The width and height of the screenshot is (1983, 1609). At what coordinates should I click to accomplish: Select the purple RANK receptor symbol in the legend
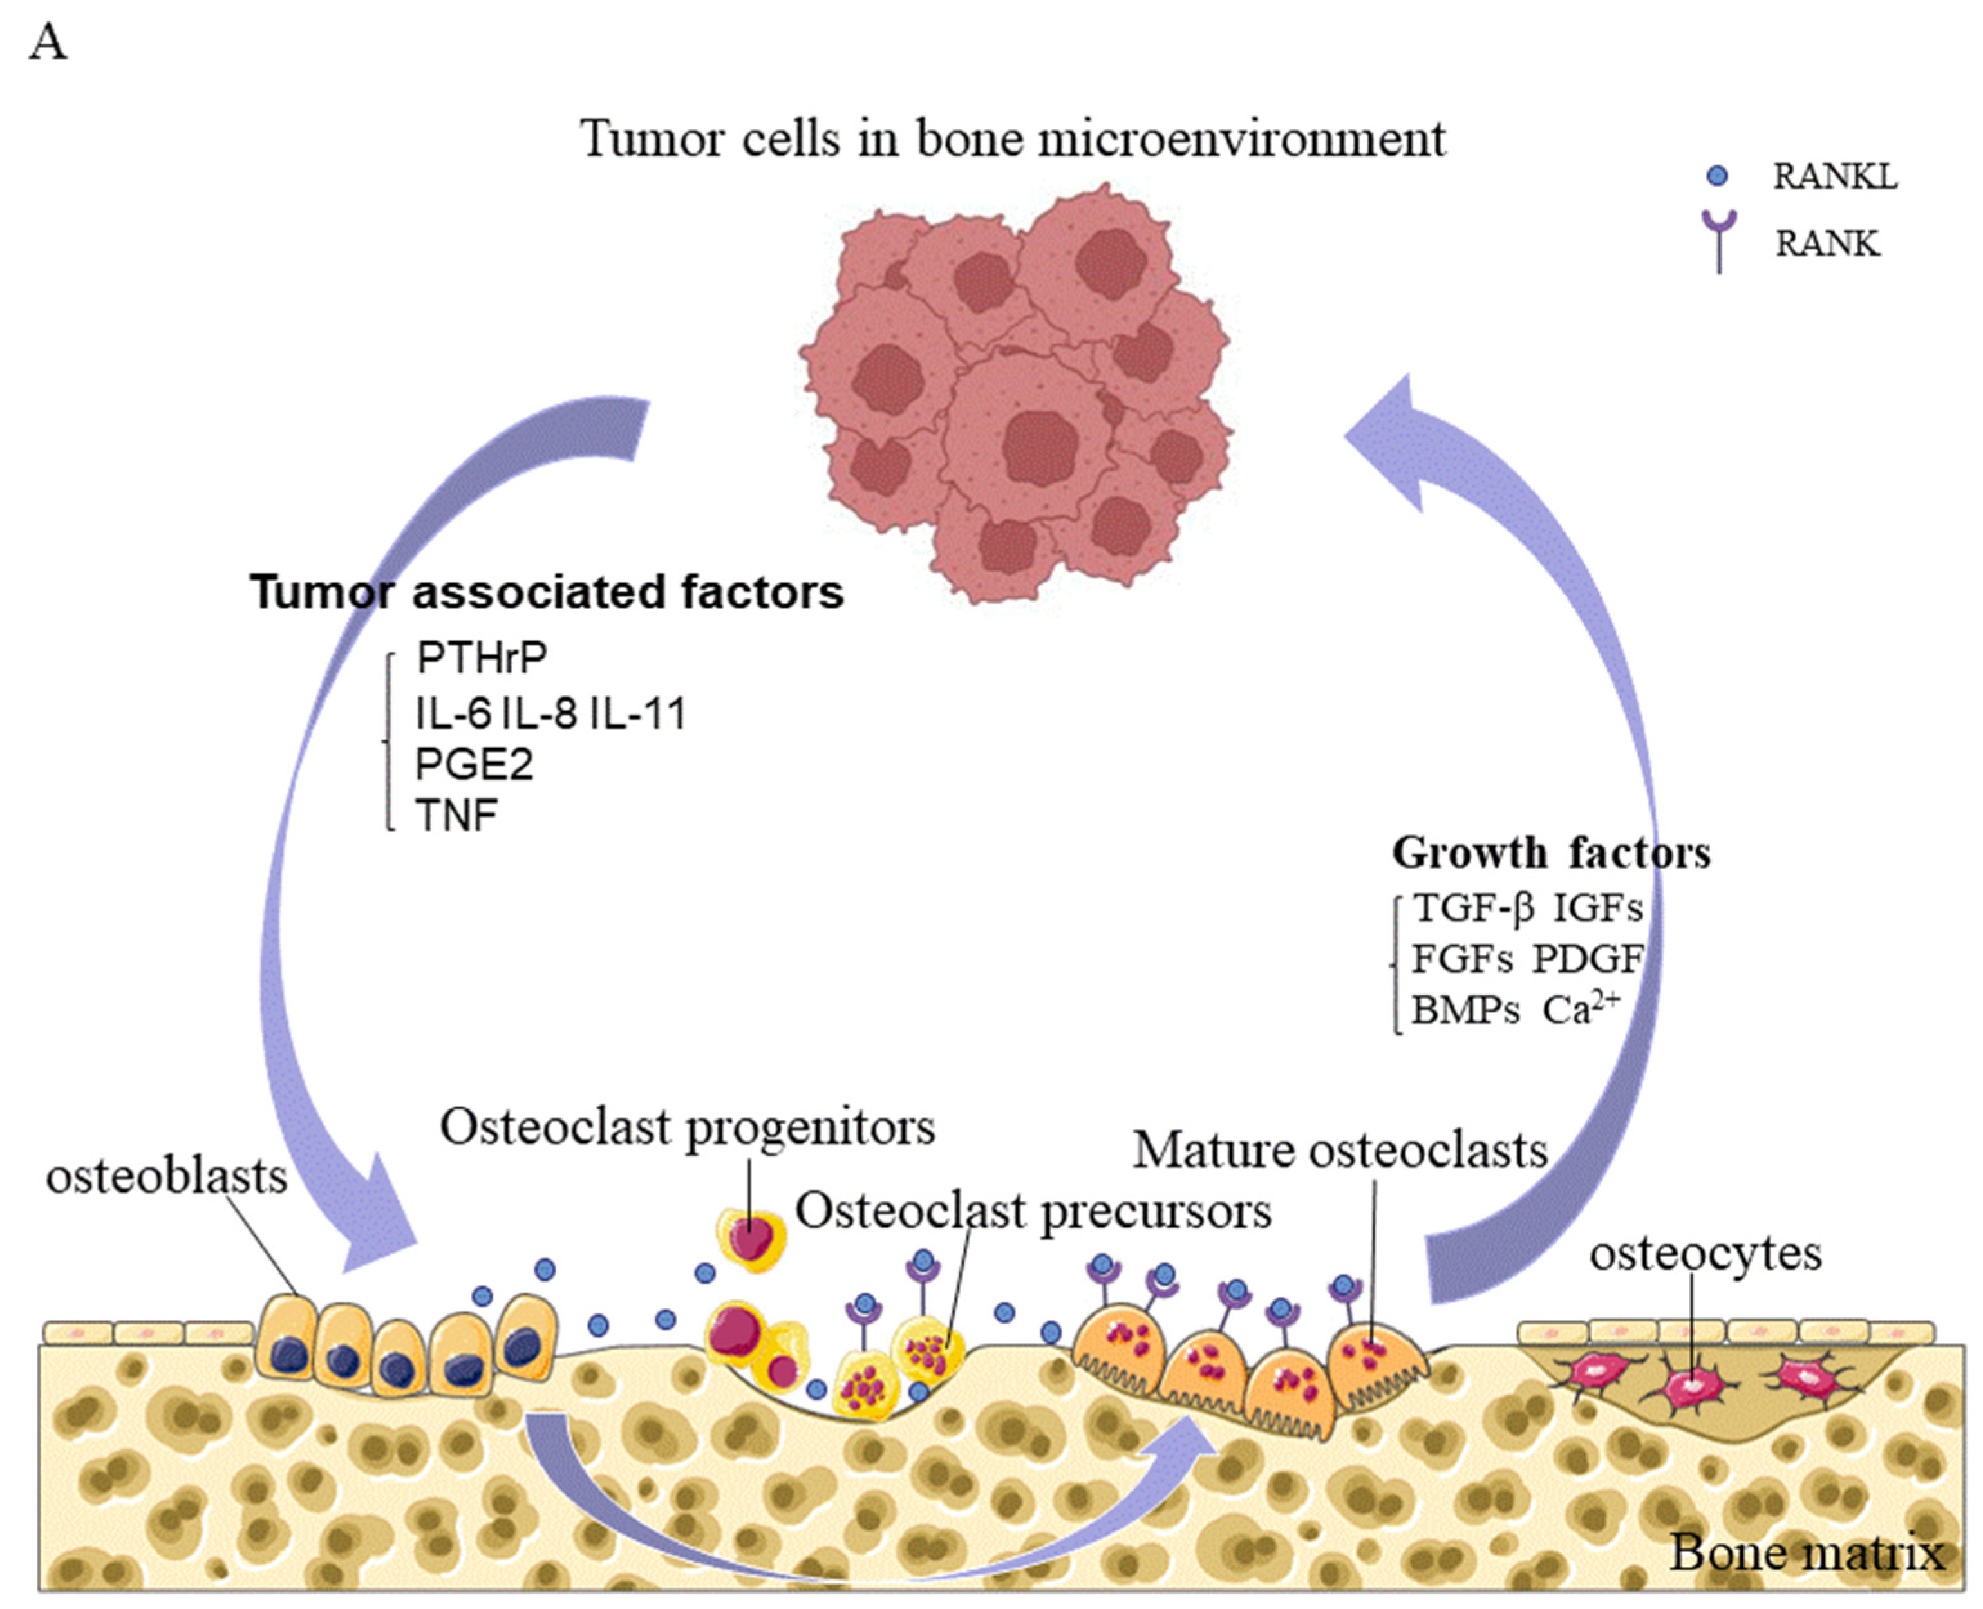[1719, 239]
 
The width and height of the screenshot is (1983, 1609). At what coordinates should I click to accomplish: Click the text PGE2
[473, 765]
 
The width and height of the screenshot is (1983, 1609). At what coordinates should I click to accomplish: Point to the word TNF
[456, 816]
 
